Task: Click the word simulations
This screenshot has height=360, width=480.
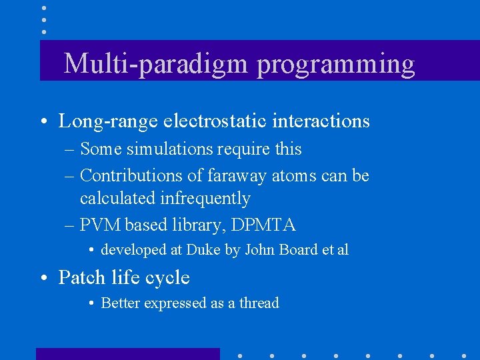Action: (x=165, y=149)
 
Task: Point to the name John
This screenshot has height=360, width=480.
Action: (x=261, y=250)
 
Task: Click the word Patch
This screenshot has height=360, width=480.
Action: (x=81, y=277)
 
